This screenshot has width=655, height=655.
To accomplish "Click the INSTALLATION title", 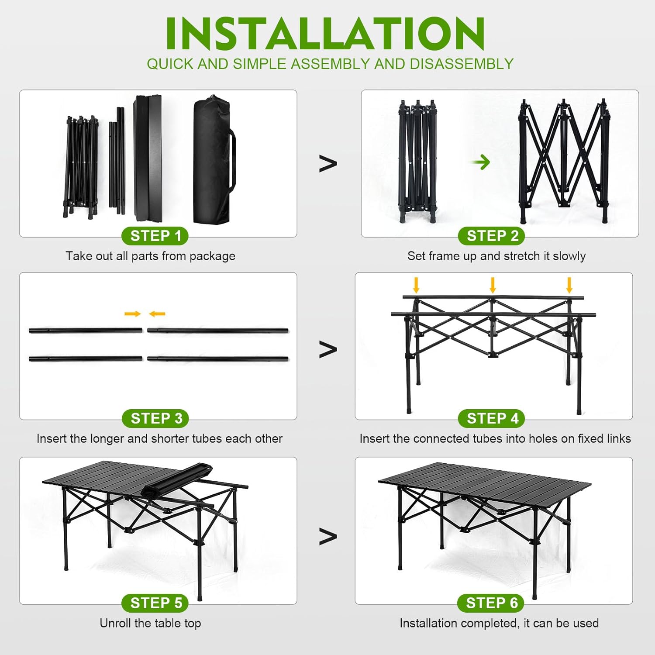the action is tap(325, 34).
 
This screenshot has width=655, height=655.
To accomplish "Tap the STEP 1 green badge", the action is tap(155, 236).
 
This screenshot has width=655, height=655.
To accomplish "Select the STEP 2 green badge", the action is tap(492, 236).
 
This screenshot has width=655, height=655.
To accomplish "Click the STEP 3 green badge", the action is tap(155, 418).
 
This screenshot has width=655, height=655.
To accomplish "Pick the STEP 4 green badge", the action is tap(492, 418).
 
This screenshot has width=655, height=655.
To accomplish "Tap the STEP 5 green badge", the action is tap(155, 603).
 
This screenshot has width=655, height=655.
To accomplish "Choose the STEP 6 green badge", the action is tap(491, 603).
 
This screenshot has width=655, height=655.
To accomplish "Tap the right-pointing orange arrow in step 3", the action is tap(133, 314).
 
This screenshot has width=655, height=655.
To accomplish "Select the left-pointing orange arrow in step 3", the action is tap(157, 314).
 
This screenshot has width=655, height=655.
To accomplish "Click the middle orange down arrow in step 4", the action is tap(493, 285).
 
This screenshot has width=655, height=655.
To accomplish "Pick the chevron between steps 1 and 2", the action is tap(328, 163).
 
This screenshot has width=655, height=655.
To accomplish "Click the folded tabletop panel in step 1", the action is tap(148, 158).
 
